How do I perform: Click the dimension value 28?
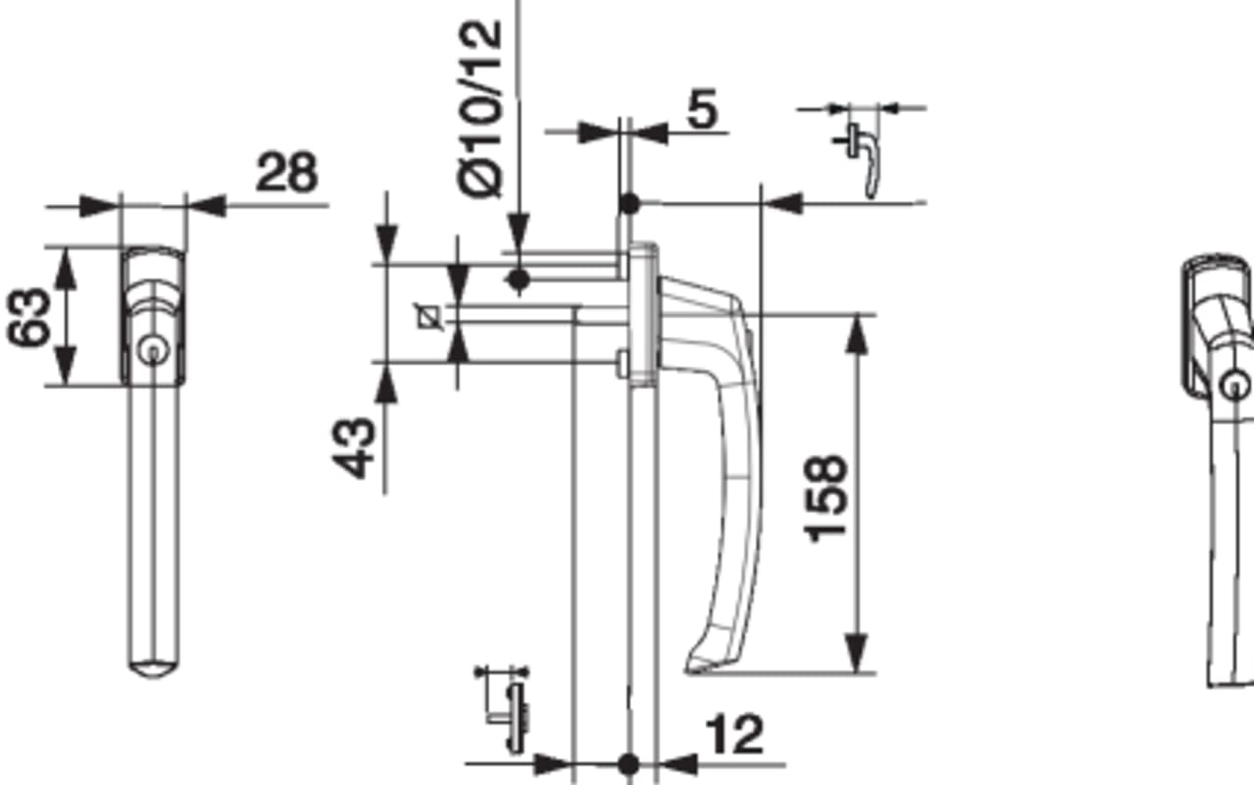[287, 172]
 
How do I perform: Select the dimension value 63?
[28, 317]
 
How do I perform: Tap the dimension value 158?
[825, 499]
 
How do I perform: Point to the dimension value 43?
[353, 448]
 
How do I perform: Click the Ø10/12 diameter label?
[480, 109]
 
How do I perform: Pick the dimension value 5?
[702, 109]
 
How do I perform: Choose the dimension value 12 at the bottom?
[735, 735]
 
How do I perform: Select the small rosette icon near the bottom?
[506, 709]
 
